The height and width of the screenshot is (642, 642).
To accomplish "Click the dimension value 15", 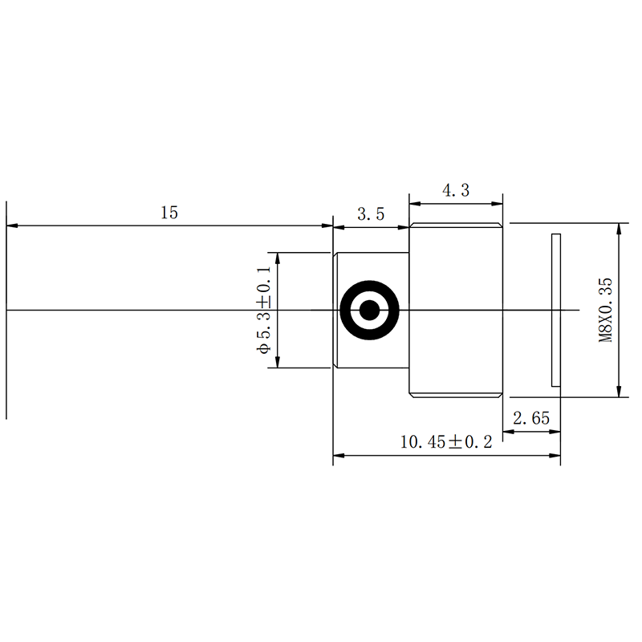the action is click(169, 213).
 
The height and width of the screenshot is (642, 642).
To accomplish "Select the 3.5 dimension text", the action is click(371, 214).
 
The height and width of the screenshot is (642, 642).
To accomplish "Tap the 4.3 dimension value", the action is click(456, 190).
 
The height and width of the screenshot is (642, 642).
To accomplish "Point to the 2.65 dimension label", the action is click(531, 418).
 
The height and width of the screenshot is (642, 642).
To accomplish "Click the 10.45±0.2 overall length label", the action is click(446, 442).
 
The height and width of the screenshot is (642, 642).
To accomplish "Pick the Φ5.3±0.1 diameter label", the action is click(264, 310).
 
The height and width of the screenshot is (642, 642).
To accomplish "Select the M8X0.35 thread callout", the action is click(606, 310).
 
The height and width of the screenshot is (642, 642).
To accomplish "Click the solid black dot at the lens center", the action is click(370, 310).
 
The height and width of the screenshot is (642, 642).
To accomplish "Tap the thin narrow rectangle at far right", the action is click(556, 310).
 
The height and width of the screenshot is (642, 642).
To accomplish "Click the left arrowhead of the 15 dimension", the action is click(12, 226).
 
